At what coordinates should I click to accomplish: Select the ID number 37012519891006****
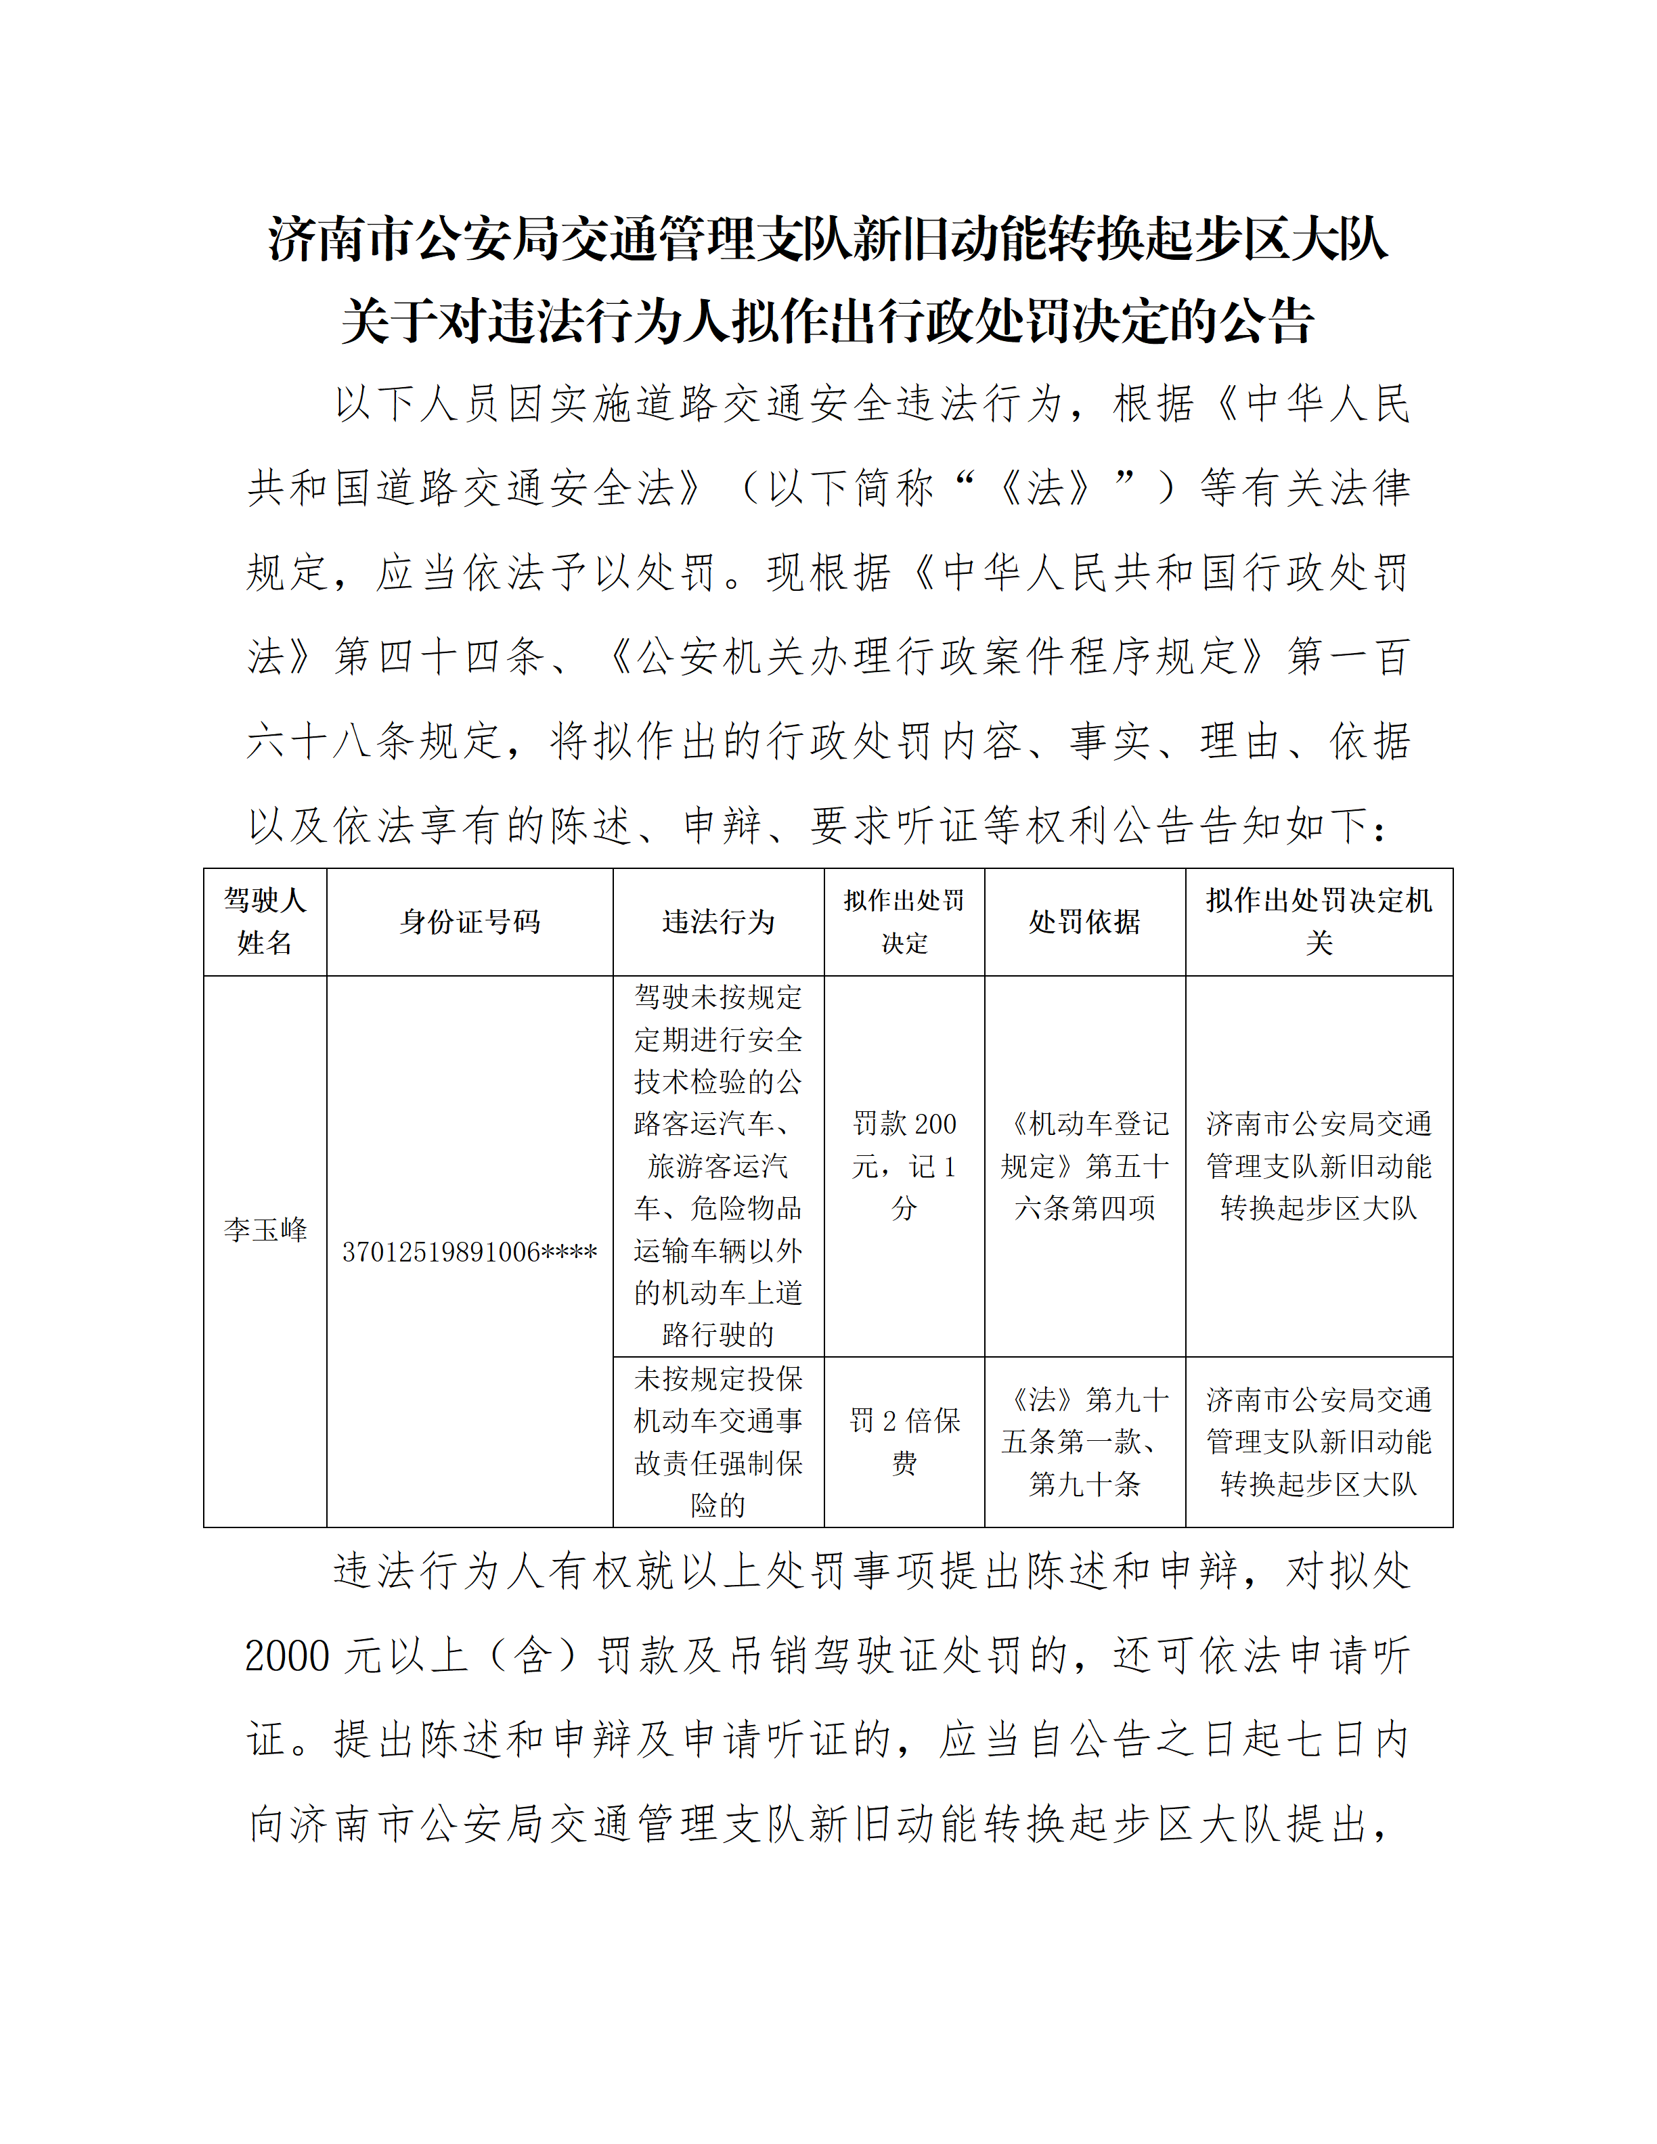click(x=469, y=1251)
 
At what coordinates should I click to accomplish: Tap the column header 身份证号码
click(x=469, y=922)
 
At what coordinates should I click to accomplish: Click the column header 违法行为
click(x=717, y=922)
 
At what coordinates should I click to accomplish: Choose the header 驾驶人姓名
click(x=265, y=921)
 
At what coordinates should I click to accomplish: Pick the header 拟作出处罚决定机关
click(x=1319, y=921)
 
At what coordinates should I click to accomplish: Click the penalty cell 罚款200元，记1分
click(x=904, y=1165)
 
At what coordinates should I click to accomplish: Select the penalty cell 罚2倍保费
click(x=904, y=1441)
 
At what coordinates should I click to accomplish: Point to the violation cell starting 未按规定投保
click(x=717, y=1441)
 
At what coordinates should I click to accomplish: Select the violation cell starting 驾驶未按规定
click(x=717, y=1165)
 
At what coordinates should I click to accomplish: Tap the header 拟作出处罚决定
click(x=904, y=921)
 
